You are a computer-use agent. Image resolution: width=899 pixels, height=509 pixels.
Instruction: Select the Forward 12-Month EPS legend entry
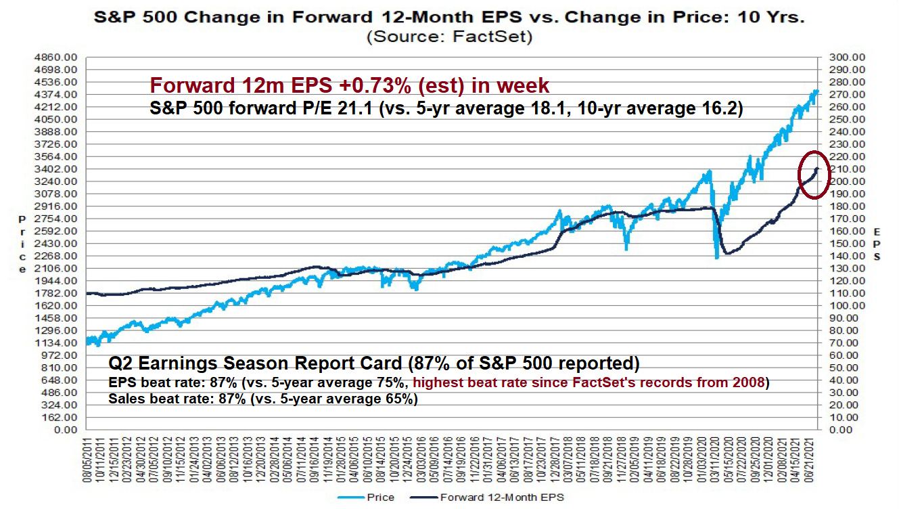tap(501, 497)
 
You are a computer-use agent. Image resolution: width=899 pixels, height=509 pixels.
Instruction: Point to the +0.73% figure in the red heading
tap(365, 86)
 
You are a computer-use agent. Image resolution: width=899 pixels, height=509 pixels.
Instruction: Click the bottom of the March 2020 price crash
tap(716, 257)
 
